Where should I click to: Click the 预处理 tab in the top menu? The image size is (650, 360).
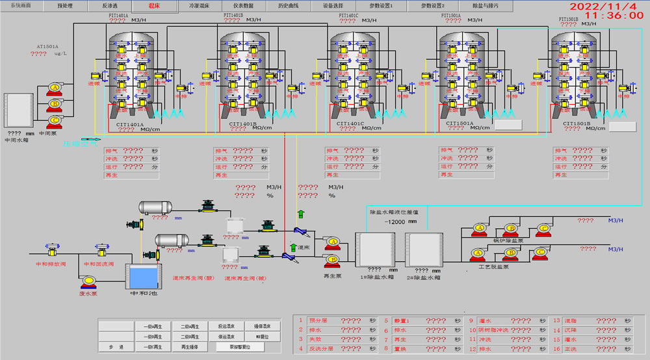pyautogui.click(x=65, y=5)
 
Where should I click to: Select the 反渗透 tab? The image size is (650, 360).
pyautogui.click(x=110, y=5)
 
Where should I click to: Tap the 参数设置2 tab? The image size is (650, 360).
pyautogui.click(x=432, y=5)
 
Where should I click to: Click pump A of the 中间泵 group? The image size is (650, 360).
pyautogui.click(x=55, y=88)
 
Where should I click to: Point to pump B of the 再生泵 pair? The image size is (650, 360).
pyautogui.click(x=333, y=259)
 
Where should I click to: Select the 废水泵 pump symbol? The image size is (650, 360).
pyautogui.click(x=88, y=281)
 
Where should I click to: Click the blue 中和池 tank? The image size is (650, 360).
pyautogui.click(x=144, y=277)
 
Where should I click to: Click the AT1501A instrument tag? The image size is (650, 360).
pyautogui.click(x=47, y=47)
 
